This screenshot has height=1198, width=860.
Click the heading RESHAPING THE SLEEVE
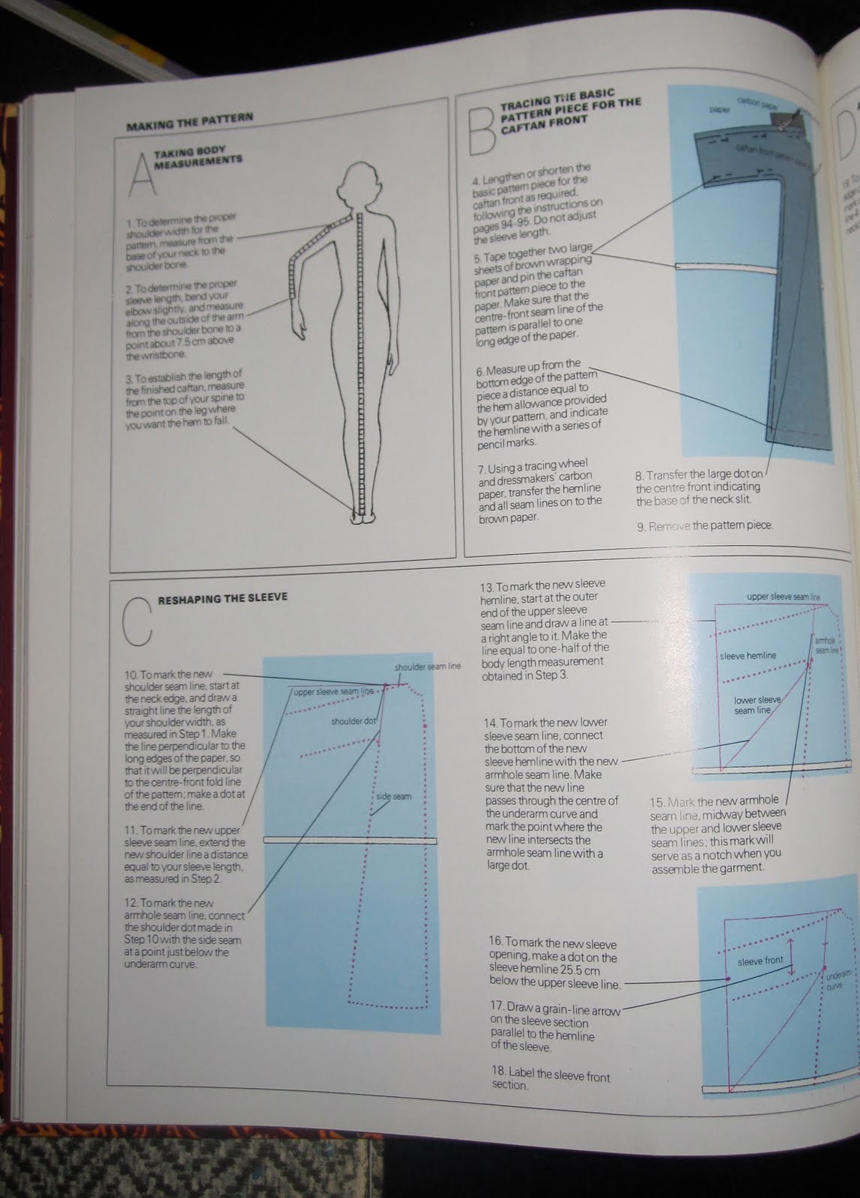click(222, 598)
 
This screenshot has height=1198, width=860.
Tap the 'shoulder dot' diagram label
click(352, 722)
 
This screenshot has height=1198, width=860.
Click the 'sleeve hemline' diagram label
click(747, 656)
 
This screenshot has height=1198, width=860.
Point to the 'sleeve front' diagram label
click(760, 961)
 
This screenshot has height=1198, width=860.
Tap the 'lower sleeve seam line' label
click(757, 705)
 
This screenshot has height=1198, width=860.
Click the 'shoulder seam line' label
click(427, 666)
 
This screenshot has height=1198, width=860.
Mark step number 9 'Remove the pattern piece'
click(704, 526)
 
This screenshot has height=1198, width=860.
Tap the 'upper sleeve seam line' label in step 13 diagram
click(783, 598)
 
